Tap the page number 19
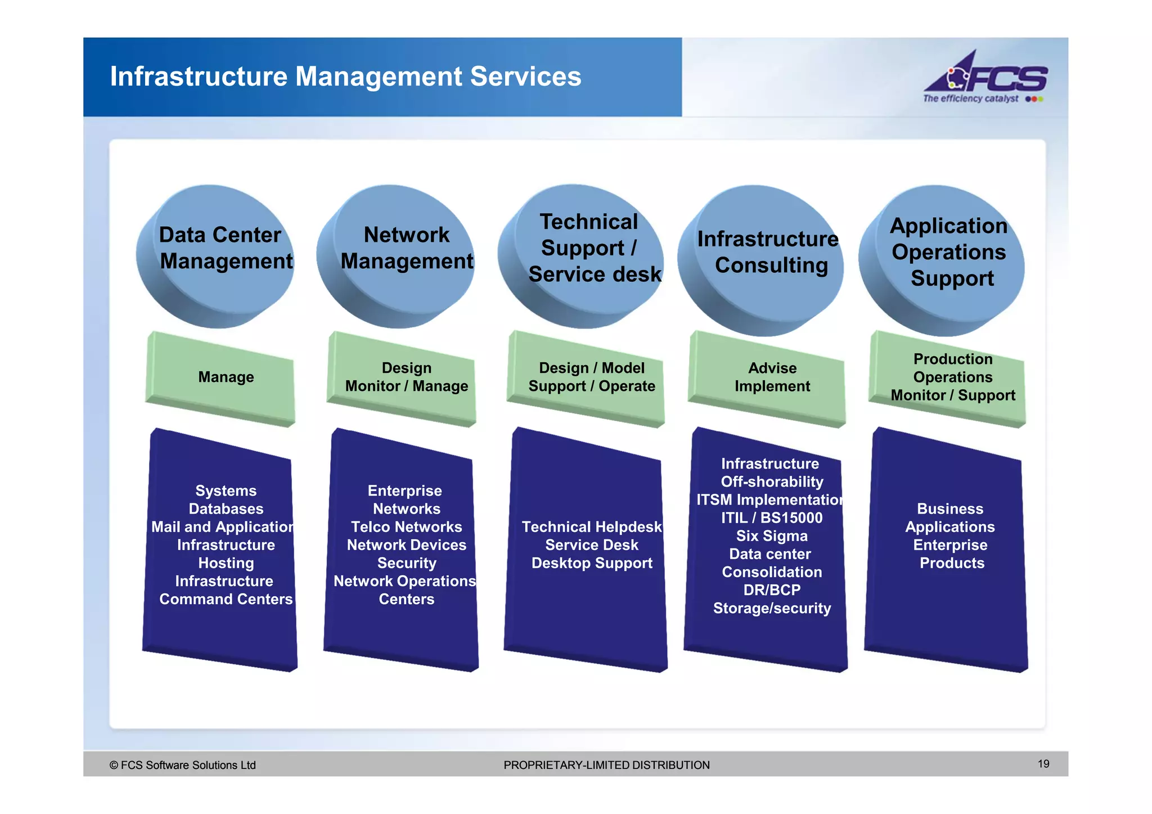click(1043, 764)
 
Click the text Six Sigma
click(772, 536)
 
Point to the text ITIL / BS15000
click(772, 518)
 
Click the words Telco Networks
click(406, 527)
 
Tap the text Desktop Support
click(592, 563)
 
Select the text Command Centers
click(226, 599)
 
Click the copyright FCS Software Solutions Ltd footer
click(183, 765)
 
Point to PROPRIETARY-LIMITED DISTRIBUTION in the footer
click(606, 765)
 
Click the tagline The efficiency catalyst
click(970, 99)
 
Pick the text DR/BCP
click(772, 590)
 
